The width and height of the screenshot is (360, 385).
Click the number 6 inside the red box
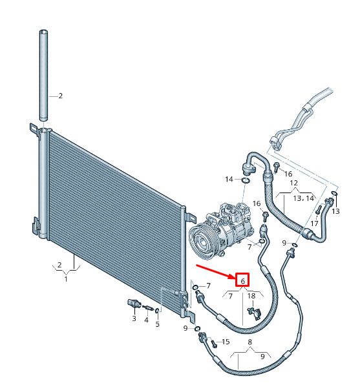(242, 280)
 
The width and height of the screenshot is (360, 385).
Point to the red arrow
(215, 272)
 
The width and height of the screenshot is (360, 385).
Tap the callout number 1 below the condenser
(66, 278)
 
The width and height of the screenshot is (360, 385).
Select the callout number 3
(134, 318)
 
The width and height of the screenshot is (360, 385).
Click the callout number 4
(146, 320)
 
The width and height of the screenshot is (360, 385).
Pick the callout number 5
(158, 324)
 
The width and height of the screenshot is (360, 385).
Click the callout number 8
(249, 342)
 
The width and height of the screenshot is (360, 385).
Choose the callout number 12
(294, 183)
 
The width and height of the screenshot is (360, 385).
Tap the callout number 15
(226, 342)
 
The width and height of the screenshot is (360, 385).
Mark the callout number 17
(314, 224)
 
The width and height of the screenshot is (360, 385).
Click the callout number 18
(251, 296)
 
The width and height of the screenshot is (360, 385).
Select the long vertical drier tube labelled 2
(43, 76)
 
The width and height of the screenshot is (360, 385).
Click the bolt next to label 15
(213, 344)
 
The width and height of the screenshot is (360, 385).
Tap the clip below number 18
(255, 313)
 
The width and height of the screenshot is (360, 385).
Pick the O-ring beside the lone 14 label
(245, 181)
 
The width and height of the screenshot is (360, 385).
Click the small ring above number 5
(157, 311)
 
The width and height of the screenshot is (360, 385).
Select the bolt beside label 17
(318, 209)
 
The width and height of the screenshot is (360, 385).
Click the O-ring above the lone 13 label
(334, 194)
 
